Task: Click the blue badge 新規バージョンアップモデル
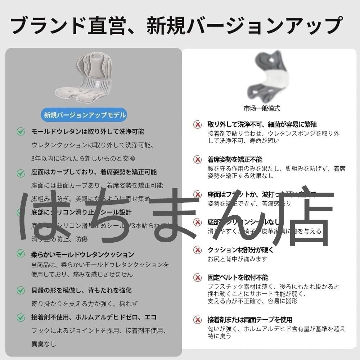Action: click(85, 115)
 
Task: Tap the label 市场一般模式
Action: click(262, 108)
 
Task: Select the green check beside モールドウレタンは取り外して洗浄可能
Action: click(21, 132)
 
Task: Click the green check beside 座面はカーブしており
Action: click(21, 173)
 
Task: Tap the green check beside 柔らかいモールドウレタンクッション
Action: click(21, 254)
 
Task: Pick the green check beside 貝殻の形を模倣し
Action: click(21, 290)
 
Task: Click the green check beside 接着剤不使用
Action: click(21, 318)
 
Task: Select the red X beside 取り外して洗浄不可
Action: click(197, 125)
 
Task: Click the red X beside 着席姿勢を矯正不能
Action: click(197, 159)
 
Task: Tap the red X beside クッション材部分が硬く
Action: click(197, 250)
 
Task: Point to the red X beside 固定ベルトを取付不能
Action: click(197, 278)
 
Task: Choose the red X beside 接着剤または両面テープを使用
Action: click(197, 320)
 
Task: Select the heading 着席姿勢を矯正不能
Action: click(235, 159)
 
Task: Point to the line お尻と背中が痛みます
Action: click(238, 259)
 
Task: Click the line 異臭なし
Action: click(44, 344)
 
